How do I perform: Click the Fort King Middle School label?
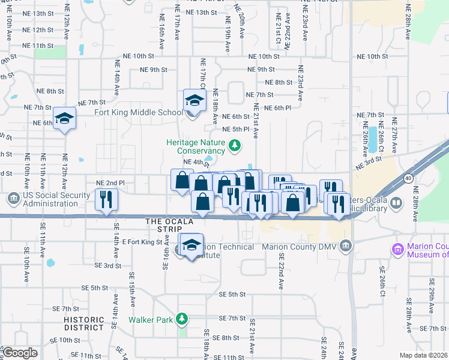pos(139,112)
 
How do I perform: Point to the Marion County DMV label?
pos(300,247)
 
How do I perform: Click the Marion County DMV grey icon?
pos(345,246)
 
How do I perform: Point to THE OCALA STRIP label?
pos(170,225)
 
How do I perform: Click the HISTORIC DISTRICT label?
pos(83,323)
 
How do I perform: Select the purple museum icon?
pos(396,248)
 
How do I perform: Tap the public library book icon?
pos(396,203)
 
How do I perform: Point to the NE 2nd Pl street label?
pos(110,182)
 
